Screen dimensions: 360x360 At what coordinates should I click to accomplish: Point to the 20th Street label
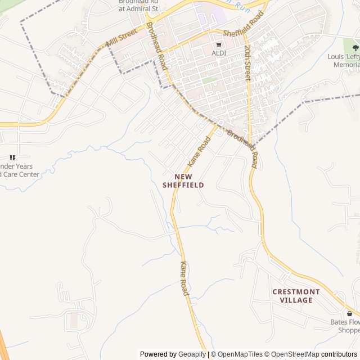(247, 64)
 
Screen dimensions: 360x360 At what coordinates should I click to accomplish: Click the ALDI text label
(219, 53)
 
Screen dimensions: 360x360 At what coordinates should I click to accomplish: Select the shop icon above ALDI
(219, 44)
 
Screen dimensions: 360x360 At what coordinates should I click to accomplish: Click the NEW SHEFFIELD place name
(183, 181)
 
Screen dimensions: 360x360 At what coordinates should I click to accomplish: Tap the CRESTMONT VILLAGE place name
(296, 296)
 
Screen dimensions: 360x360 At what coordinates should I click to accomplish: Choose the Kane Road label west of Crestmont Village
(184, 278)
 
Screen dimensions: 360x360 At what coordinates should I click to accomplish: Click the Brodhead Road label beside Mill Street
(157, 46)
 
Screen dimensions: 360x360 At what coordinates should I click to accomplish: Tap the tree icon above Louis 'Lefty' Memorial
(354, 47)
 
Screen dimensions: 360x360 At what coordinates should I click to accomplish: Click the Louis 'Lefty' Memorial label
(344, 61)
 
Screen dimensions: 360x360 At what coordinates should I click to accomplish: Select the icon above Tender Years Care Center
(12, 158)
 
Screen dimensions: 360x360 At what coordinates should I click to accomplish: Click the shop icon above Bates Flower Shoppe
(350, 313)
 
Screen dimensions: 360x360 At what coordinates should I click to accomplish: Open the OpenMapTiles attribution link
(240, 354)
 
